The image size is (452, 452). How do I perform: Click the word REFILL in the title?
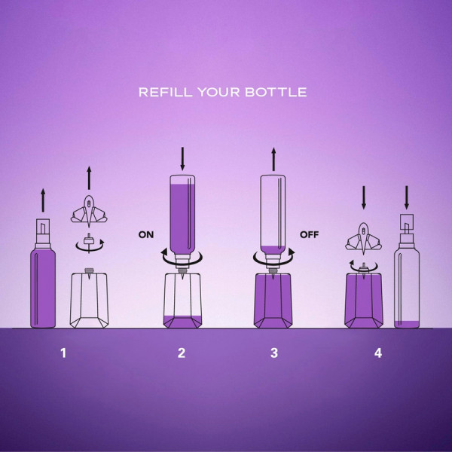pyautogui.click(x=165, y=92)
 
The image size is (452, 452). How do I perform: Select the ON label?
pyautogui.click(x=146, y=234)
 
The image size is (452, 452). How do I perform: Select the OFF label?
pyautogui.click(x=310, y=234)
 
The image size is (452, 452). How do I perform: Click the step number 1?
pyautogui.click(x=63, y=353)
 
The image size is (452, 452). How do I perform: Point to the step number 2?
pyautogui.click(x=182, y=353)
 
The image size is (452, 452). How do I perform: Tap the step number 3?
pyautogui.click(x=274, y=353)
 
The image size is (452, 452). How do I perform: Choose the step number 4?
pyautogui.click(x=378, y=353)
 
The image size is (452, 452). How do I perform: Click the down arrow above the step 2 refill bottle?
pyautogui.click(x=182, y=159)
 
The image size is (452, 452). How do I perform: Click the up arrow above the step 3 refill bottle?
pyautogui.click(x=273, y=159)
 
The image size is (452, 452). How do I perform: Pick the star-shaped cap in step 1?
pyautogui.click(x=89, y=210)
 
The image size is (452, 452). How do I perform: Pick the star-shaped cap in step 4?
pyautogui.click(x=364, y=238)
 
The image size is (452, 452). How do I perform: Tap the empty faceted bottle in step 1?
pyautogui.click(x=89, y=300)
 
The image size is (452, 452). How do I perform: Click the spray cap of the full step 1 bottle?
pyautogui.click(x=43, y=234)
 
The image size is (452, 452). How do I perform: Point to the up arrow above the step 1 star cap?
pyautogui.click(x=89, y=178)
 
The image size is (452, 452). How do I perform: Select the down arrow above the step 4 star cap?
pyautogui.click(x=364, y=197)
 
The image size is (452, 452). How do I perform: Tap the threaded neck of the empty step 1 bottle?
pyautogui.click(x=89, y=270)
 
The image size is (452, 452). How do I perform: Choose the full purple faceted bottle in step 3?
pyautogui.click(x=273, y=301)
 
